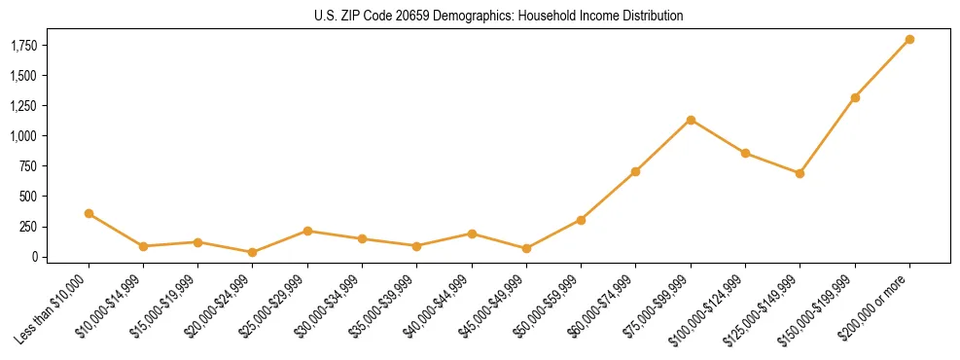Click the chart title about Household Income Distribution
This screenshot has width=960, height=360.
pos(499,16)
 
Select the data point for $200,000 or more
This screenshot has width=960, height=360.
pos(909,40)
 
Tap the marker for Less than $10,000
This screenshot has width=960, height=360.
pos(89,213)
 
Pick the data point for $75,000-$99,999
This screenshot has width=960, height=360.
pos(691,120)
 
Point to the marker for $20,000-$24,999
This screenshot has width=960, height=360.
pos(253,252)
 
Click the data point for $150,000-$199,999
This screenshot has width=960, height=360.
pos(855,97)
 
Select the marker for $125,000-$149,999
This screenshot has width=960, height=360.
pos(800,173)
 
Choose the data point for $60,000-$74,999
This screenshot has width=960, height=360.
pos(635,171)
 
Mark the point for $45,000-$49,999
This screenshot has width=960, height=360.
pos(526,248)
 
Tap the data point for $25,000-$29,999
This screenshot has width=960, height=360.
pos(307,231)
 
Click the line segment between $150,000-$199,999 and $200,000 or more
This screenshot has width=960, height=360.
pos(882,68)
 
